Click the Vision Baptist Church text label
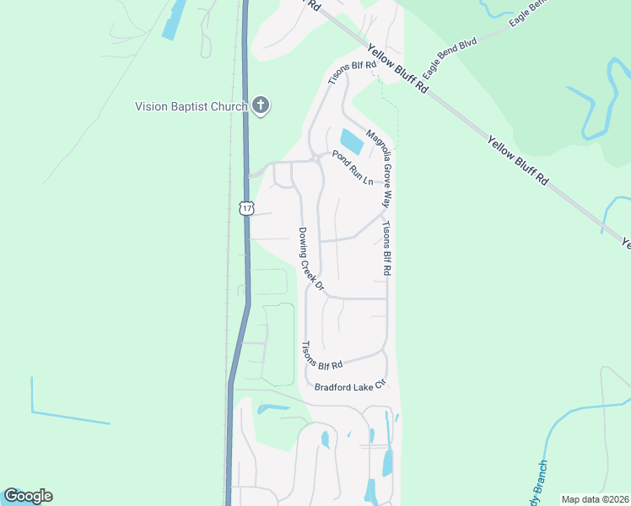point(191,106)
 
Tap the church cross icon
point(261,105)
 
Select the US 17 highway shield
point(245,207)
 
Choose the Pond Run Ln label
point(352,169)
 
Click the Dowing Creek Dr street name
point(310,259)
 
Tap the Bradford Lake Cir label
point(349,386)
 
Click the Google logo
point(28,496)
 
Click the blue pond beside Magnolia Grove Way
point(351,141)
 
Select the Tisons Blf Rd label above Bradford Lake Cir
point(322,357)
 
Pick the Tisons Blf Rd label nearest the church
point(351,75)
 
